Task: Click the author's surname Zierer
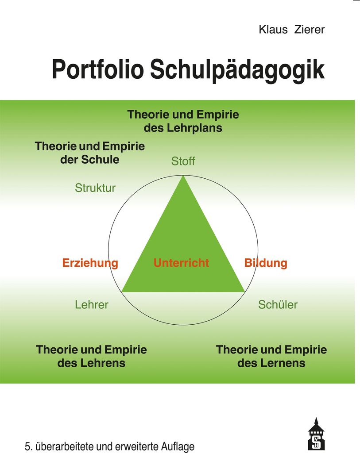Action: (310, 30)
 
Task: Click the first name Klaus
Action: (273, 30)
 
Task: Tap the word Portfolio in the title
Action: (98, 69)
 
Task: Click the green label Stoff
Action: (183, 161)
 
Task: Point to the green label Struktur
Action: (95, 188)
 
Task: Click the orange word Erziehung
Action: (90, 263)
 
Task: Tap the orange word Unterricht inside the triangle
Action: (181, 263)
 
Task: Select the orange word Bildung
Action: (266, 263)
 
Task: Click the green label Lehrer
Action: (92, 304)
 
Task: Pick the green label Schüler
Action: (278, 304)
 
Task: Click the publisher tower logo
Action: (316, 434)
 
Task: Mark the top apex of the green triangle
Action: (183, 175)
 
